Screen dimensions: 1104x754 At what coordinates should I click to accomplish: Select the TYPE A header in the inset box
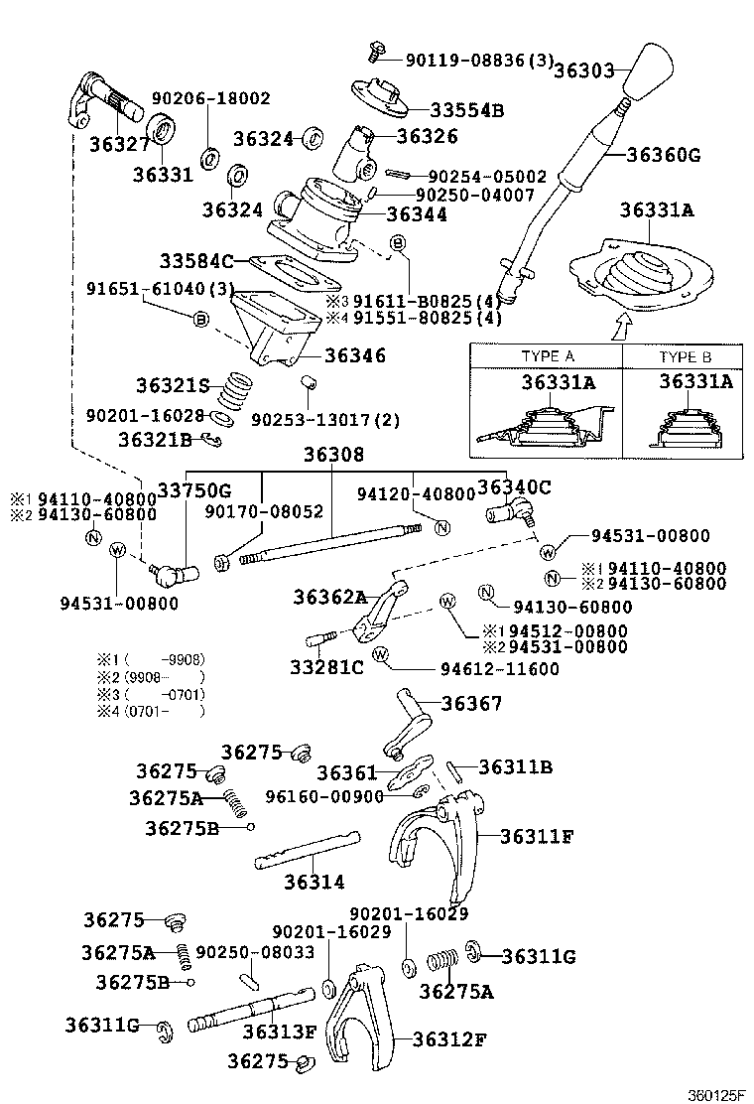coord(547,356)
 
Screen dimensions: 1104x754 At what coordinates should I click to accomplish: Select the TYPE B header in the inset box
coord(686,356)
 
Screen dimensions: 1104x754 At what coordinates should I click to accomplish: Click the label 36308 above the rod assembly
coord(333,455)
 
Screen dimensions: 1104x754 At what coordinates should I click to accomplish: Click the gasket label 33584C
coord(196,261)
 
